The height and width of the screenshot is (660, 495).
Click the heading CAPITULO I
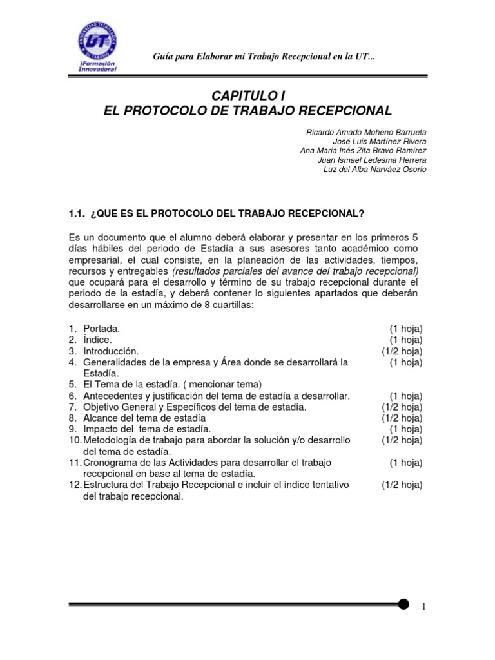pos(247,96)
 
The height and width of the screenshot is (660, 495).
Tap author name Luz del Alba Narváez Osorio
pos(374,170)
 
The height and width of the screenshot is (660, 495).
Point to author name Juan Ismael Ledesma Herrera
pos(372,160)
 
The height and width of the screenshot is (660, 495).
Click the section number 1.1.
pos(77,213)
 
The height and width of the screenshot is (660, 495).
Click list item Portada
pos(101,329)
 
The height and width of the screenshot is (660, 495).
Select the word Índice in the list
pos(97,340)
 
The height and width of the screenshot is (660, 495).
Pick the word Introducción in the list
pos(111,351)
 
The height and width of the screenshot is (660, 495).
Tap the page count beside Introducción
pos(402,351)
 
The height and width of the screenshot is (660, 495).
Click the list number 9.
pos(73,429)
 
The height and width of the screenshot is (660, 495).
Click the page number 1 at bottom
pos(423,607)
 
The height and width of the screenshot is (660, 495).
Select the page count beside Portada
pos(406,329)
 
